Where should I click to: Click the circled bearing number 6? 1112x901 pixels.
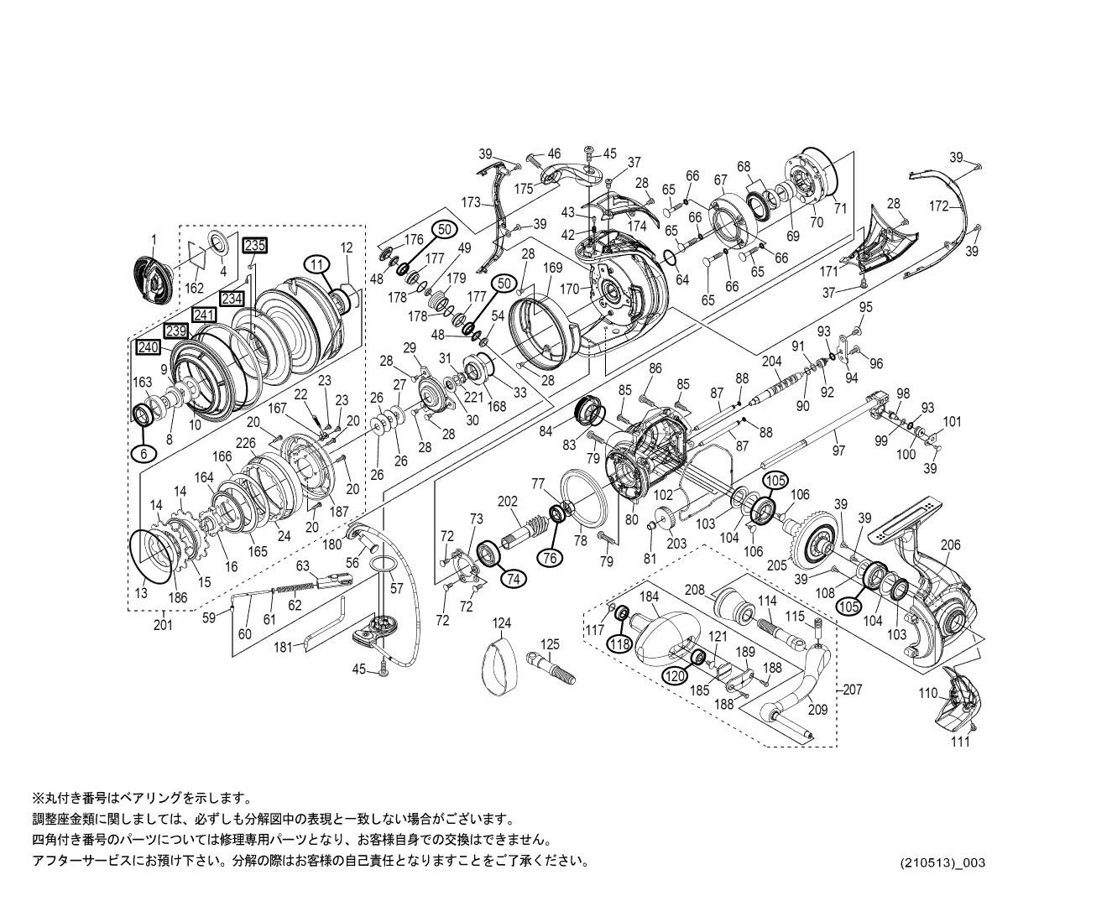tap(143, 452)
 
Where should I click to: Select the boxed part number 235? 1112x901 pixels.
tap(254, 246)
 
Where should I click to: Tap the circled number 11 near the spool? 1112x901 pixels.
tap(316, 263)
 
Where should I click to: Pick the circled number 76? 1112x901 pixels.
tap(550, 557)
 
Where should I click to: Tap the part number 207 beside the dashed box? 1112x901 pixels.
tap(851, 690)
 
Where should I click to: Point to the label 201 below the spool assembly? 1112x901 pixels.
tap(163, 623)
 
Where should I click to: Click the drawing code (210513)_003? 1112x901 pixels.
tap(937, 862)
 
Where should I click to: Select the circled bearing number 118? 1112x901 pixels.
tap(619, 643)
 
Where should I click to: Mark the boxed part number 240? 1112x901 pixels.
tap(149, 347)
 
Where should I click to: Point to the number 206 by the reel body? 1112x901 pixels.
tap(949, 544)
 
